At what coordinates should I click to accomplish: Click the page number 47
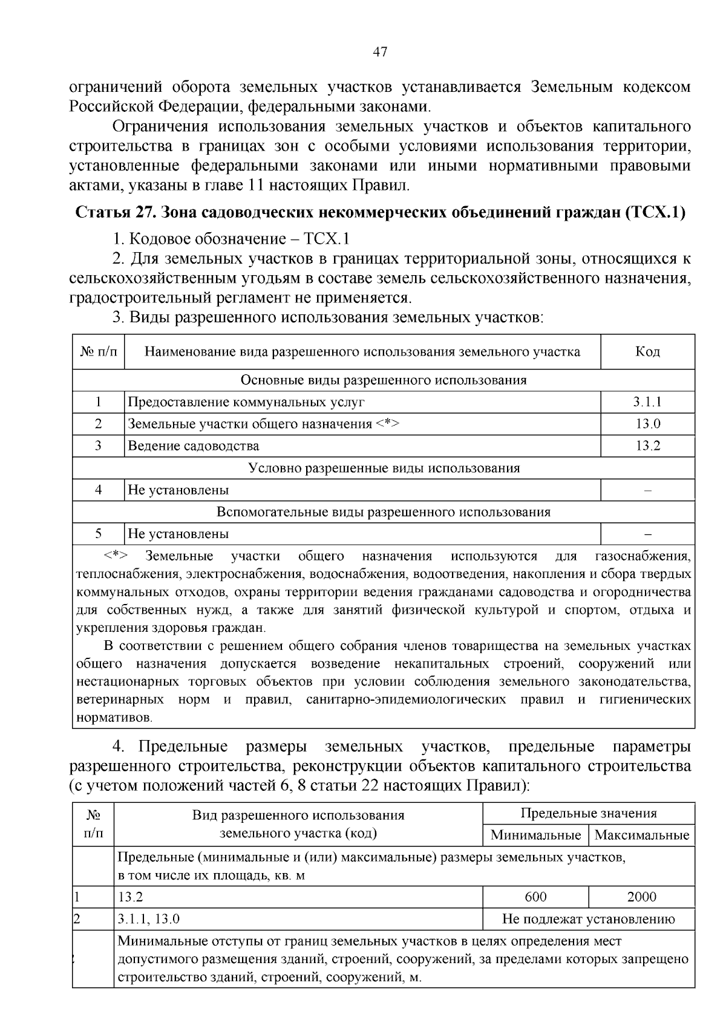(x=379, y=53)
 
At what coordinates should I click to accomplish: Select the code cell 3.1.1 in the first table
(x=647, y=402)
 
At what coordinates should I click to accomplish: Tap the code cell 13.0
(x=647, y=424)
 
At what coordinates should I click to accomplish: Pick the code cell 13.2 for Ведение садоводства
(x=647, y=446)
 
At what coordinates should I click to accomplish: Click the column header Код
(x=647, y=352)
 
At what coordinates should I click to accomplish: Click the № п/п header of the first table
(x=98, y=352)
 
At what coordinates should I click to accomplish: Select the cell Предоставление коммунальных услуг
(x=246, y=402)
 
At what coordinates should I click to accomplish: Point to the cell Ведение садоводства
(x=194, y=446)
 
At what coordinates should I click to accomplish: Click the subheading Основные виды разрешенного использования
(x=384, y=380)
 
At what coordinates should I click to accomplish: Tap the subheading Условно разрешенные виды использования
(x=384, y=468)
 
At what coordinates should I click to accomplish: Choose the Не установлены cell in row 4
(x=178, y=490)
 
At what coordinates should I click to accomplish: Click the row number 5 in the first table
(x=98, y=534)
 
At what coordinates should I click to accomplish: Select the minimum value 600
(x=535, y=897)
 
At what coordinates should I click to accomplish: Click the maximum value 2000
(x=641, y=897)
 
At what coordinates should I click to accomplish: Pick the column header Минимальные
(x=535, y=836)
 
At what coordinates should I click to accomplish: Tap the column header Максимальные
(x=641, y=836)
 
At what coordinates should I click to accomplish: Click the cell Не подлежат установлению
(x=588, y=920)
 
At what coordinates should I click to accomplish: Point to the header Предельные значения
(x=588, y=813)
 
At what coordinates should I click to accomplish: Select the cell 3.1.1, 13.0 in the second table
(x=149, y=920)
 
